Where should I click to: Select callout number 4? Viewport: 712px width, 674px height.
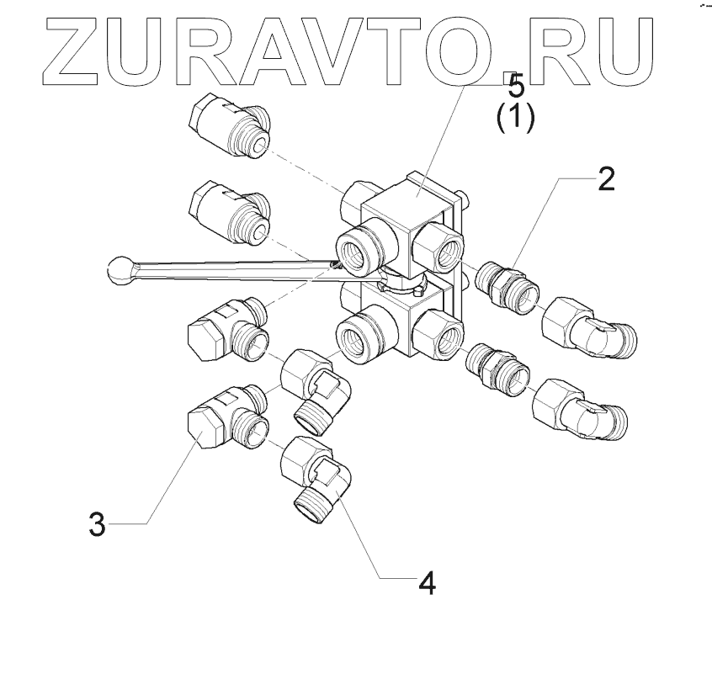428,582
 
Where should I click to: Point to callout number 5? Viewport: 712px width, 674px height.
513,86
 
